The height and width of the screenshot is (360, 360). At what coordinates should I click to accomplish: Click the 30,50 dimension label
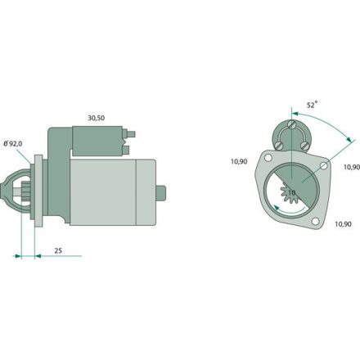click(97, 118)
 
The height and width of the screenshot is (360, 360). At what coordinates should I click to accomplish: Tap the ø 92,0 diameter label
click(13, 144)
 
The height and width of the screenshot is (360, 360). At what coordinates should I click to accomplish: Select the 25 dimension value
click(58, 250)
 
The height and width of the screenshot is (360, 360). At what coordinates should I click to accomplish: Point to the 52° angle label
click(313, 105)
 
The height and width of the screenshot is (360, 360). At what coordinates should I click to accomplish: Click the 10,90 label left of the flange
click(239, 161)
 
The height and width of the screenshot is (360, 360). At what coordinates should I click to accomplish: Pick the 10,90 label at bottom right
click(343, 224)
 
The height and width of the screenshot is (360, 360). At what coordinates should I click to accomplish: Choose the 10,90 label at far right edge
click(352, 167)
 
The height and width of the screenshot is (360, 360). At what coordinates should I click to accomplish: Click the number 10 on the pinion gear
click(291, 193)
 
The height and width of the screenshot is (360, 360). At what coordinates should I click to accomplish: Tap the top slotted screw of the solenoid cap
click(292, 124)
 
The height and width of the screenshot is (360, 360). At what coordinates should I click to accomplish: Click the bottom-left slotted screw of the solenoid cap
click(278, 146)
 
